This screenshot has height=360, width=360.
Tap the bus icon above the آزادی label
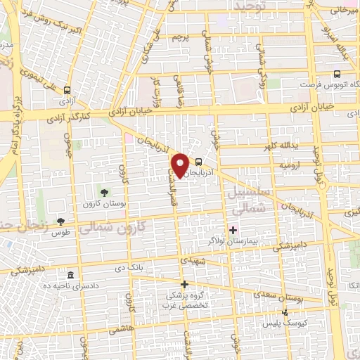pos(67,90)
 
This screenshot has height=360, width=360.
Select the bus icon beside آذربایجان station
pos(198,160)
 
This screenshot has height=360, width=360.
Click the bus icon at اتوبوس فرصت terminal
pos(337,73)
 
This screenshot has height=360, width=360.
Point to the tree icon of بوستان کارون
pos(104,191)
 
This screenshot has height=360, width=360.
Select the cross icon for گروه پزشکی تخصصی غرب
pos(185,285)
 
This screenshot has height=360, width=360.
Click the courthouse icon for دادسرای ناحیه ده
pos(70,275)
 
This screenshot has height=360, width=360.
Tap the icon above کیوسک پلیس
pos(285,313)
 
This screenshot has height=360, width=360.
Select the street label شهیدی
pos(192,259)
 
